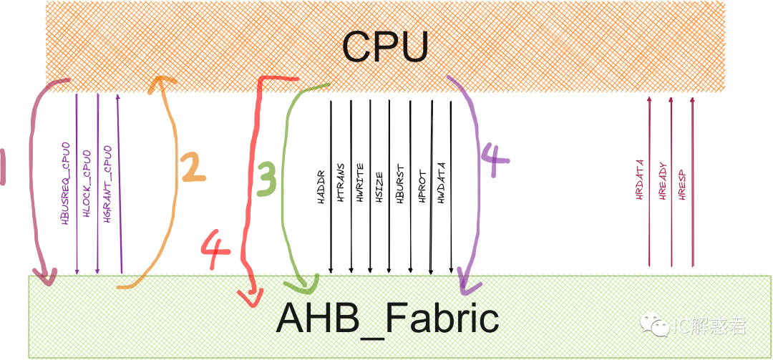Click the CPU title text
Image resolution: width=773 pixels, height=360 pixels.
[x=384, y=47]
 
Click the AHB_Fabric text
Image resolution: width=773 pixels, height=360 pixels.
[x=387, y=318]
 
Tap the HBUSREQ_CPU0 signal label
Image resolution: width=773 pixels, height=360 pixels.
[x=66, y=185]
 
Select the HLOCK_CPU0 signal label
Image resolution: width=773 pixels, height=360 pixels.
[x=87, y=185]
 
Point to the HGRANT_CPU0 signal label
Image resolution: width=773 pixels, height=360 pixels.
[x=107, y=185]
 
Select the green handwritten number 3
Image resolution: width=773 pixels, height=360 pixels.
[x=266, y=179]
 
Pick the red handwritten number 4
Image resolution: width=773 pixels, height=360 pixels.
[x=215, y=250]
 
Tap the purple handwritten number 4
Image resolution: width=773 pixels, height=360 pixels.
[x=493, y=160]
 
